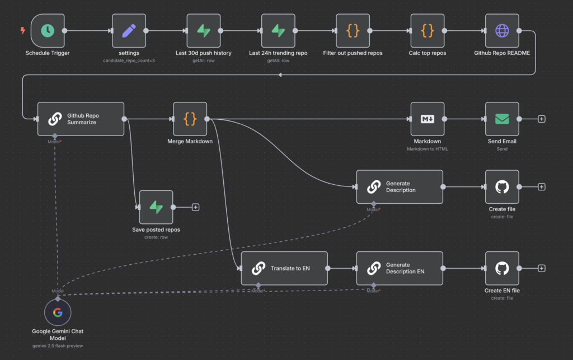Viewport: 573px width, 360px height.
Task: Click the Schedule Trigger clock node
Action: pyautogui.click(x=48, y=31)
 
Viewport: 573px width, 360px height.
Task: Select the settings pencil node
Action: pyautogui.click(x=129, y=31)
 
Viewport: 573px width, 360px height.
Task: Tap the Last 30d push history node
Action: pyautogui.click(x=204, y=31)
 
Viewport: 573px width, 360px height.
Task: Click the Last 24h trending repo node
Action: pyautogui.click(x=278, y=31)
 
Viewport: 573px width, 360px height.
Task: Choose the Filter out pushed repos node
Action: pyautogui.click(x=353, y=31)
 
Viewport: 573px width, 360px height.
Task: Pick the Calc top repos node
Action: pyautogui.click(x=428, y=31)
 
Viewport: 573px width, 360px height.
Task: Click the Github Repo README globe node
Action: pyautogui.click(x=502, y=31)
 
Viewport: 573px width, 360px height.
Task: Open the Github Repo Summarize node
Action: pyautogui.click(x=81, y=119)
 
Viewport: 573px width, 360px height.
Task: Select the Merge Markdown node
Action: pyautogui.click(x=190, y=119)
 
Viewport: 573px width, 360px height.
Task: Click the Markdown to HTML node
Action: pyautogui.click(x=428, y=119)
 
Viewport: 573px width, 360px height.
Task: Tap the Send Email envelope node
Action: pyautogui.click(x=502, y=119)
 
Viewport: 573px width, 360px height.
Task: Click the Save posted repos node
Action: pyautogui.click(x=156, y=207)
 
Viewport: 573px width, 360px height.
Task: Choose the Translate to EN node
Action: pyautogui.click(x=284, y=268)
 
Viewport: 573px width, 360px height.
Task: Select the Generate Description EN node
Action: pyautogui.click(x=400, y=268)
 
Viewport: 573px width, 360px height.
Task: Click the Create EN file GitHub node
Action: pyautogui.click(x=502, y=268)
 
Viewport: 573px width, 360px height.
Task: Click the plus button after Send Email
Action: pyautogui.click(x=542, y=119)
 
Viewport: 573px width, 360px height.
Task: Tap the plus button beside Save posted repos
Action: pyautogui.click(x=196, y=207)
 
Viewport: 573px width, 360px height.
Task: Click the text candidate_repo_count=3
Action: pyautogui.click(x=129, y=60)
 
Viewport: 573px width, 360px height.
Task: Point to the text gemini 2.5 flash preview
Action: pyautogui.click(x=58, y=347)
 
